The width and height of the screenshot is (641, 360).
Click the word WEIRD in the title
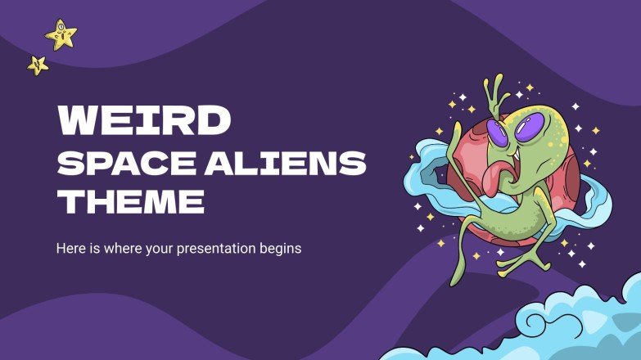pyautogui.click(x=143, y=120)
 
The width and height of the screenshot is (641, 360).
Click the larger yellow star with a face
pyautogui.click(x=61, y=34)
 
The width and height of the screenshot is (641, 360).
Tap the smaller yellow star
pyautogui.click(x=37, y=65)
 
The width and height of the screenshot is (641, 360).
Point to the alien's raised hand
pyautogui.click(x=495, y=90)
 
